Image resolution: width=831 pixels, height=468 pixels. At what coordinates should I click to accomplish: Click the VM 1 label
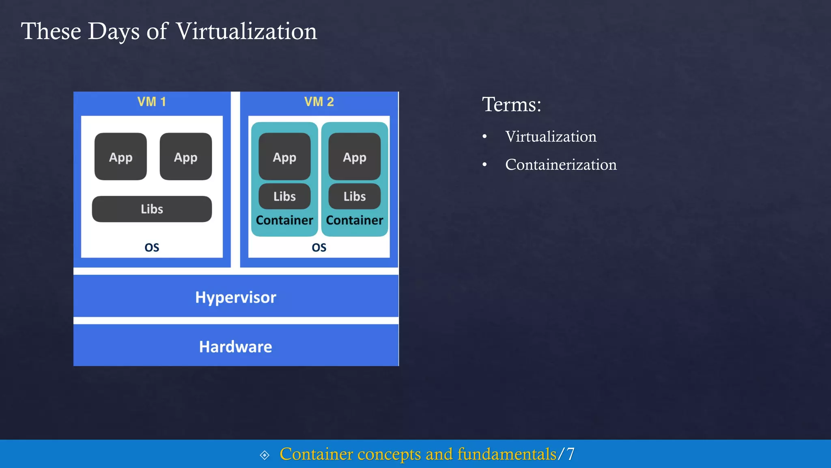[151, 102]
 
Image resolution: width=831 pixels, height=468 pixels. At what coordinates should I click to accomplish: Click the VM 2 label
[319, 102]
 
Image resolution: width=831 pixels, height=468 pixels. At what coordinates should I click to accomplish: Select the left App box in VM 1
[121, 157]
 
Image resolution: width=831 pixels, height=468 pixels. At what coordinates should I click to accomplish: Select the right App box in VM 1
[186, 157]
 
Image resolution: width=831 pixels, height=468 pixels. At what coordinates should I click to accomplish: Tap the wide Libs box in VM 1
[152, 209]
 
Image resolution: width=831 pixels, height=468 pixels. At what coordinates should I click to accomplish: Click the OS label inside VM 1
[152, 247]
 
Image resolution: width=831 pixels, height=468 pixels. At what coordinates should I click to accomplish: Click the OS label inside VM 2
[319, 247]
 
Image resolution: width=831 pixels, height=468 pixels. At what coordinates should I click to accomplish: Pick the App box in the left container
[284, 157]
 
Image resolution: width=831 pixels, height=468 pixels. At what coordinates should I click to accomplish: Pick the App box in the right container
[355, 157]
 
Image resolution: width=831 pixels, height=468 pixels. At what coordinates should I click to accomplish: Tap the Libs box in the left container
[284, 196]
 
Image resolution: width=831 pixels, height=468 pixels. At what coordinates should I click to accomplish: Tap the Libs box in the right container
[355, 196]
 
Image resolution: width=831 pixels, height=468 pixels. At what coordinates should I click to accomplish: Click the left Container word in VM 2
[284, 220]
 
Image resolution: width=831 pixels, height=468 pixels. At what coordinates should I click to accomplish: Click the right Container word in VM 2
[355, 220]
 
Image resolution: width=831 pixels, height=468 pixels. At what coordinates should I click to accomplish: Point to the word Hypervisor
[236, 297]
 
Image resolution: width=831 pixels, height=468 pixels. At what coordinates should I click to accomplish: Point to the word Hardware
[236, 347]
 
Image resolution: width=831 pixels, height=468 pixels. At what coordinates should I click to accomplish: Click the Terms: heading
[511, 104]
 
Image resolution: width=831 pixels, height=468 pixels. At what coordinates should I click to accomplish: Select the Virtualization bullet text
[551, 136]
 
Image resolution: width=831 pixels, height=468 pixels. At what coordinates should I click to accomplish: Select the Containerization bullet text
[561, 165]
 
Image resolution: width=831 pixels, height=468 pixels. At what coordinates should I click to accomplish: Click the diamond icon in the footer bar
[265, 455]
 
